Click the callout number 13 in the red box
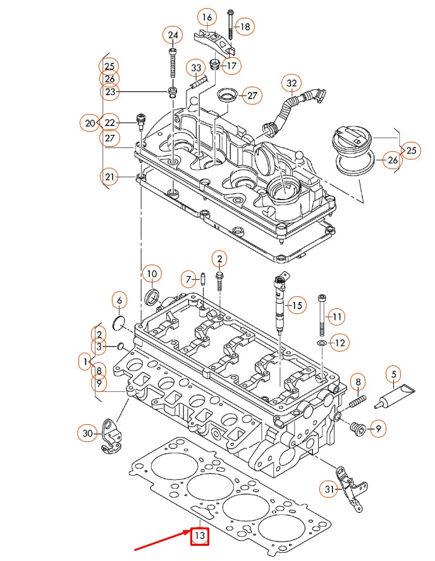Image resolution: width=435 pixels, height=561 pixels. point(200,537)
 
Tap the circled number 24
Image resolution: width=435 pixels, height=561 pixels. point(172,35)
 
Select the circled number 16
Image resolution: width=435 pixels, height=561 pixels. point(206,16)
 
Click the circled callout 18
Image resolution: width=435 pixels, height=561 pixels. point(244,27)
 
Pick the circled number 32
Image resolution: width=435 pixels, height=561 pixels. point(291,83)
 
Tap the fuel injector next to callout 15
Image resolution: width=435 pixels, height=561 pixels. point(280,304)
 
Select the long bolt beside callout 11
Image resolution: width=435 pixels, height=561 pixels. point(322,315)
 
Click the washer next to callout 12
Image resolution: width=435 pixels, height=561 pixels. point(321,343)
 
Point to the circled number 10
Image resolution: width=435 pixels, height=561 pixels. point(152,274)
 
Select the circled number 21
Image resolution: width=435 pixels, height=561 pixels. point(110,177)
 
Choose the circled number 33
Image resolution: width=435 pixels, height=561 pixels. point(196,68)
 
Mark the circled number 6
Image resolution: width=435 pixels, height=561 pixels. point(119,299)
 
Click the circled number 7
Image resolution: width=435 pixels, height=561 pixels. point(188,279)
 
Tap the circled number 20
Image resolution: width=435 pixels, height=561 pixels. point(90,122)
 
